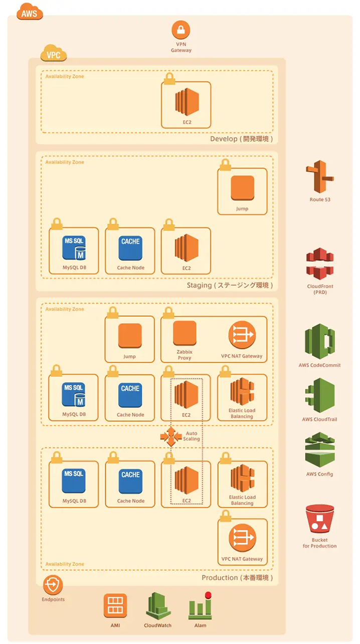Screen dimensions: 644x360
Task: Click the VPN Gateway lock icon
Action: [x=181, y=30]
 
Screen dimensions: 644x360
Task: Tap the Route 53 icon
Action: [x=320, y=177]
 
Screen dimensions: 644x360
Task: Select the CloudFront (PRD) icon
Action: [x=320, y=264]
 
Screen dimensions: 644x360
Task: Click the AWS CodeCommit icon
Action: [x=319, y=341]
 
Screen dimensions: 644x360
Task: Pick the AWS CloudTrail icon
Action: [x=320, y=395]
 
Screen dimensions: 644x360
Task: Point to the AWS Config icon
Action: [x=320, y=450]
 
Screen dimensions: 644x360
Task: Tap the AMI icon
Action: [x=115, y=605]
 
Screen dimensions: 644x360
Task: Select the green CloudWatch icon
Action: [x=158, y=605]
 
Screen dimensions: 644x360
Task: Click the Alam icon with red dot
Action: [x=200, y=606]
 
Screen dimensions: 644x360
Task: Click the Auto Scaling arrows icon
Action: [x=171, y=436]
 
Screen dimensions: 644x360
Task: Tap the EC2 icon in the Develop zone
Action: [x=187, y=102]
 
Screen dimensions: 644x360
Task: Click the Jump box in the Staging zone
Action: [x=242, y=188]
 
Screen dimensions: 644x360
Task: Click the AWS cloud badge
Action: [x=30, y=13]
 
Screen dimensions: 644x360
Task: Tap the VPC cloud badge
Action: [x=53, y=55]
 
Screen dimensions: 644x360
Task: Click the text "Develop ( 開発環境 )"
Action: [x=241, y=139]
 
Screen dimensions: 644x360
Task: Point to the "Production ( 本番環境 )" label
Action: [x=237, y=578]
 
